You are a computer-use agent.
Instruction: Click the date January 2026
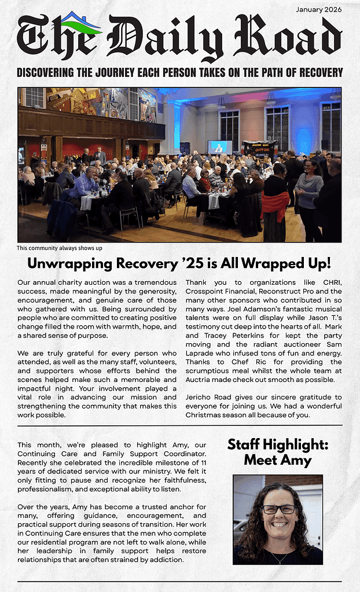[x=318, y=9]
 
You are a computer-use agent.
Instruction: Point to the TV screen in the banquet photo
[x=220, y=147]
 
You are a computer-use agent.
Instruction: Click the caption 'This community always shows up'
[x=59, y=248]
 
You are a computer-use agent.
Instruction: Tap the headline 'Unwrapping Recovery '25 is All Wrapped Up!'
[x=179, y=264]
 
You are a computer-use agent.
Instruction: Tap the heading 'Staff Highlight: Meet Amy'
[x=277, y=452]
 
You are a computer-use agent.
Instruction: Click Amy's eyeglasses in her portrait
[x=278, y=509]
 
